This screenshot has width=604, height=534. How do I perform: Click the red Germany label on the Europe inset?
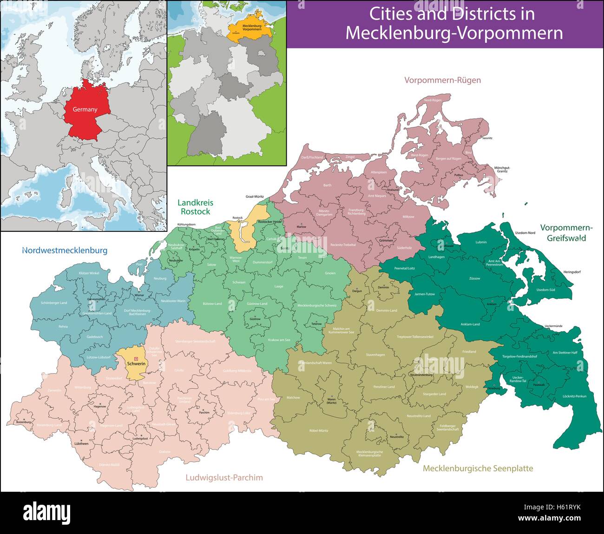[x=85, y=110]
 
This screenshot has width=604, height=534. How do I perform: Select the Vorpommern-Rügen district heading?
[x=442, y=80]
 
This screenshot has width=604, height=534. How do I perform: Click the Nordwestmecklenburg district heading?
[x=65, y=251]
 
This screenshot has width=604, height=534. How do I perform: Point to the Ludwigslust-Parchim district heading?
[x=224, y=477]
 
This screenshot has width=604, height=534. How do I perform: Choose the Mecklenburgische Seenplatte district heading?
[x=478, y=468]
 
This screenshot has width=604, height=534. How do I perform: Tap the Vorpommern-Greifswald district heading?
[x=566, y=233]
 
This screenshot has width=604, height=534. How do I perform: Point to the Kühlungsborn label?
[x=186, y=224]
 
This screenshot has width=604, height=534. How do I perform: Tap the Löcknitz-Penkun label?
[x=574, y=396]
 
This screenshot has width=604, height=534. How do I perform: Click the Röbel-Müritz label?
[x=319, y=431]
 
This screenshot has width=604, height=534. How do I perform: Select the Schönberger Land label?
[x=54, y=303]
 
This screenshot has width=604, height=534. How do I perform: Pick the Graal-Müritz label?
[x=255, y=197]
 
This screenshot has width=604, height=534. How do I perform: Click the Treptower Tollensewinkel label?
[x=415, y=336]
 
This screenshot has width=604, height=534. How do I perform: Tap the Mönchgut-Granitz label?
[x=502, y=169]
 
